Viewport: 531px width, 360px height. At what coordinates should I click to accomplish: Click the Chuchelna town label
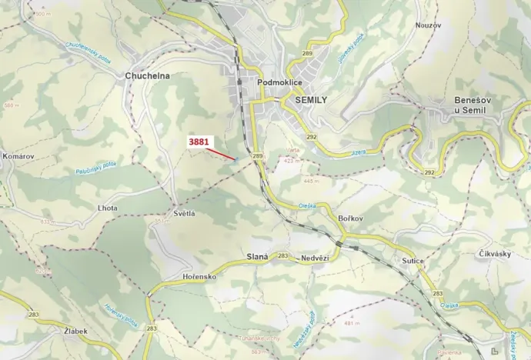147,76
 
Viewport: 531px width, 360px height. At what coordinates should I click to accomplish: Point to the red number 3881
199,142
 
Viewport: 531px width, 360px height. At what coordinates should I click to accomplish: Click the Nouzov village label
429,25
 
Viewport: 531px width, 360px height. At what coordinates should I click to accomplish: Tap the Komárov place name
18,156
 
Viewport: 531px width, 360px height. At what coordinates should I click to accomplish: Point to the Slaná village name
255,256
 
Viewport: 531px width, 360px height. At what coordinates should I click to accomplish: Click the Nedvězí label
315,258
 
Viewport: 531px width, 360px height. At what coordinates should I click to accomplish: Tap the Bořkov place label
350,219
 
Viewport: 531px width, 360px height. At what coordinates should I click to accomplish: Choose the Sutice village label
412,261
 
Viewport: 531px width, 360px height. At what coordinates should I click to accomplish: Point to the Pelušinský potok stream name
95,171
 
